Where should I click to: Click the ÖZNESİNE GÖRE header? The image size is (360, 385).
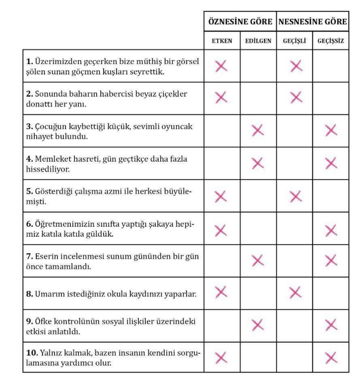(240, 22)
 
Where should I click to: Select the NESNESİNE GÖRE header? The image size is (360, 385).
(312, 22)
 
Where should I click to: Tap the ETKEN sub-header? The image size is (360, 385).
(221, 41)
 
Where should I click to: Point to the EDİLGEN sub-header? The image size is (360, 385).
(258, 41)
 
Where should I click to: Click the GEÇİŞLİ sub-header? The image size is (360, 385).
(295, 41)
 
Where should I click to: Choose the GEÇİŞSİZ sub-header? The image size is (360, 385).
(331, 41)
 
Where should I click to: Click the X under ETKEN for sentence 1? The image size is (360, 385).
(221, 66)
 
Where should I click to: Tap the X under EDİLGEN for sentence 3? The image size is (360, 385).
(258, 130)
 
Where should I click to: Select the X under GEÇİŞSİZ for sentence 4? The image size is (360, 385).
(331, 163)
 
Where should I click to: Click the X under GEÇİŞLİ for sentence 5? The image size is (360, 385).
(295, 196)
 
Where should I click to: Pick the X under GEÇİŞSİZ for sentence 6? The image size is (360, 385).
(331, 228)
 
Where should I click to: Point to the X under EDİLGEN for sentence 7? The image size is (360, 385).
(258, 260)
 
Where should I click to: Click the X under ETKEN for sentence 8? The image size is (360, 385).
(221, 293)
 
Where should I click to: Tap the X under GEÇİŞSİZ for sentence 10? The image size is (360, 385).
(331, 357)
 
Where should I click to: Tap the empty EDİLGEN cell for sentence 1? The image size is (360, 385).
(258, 66)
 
